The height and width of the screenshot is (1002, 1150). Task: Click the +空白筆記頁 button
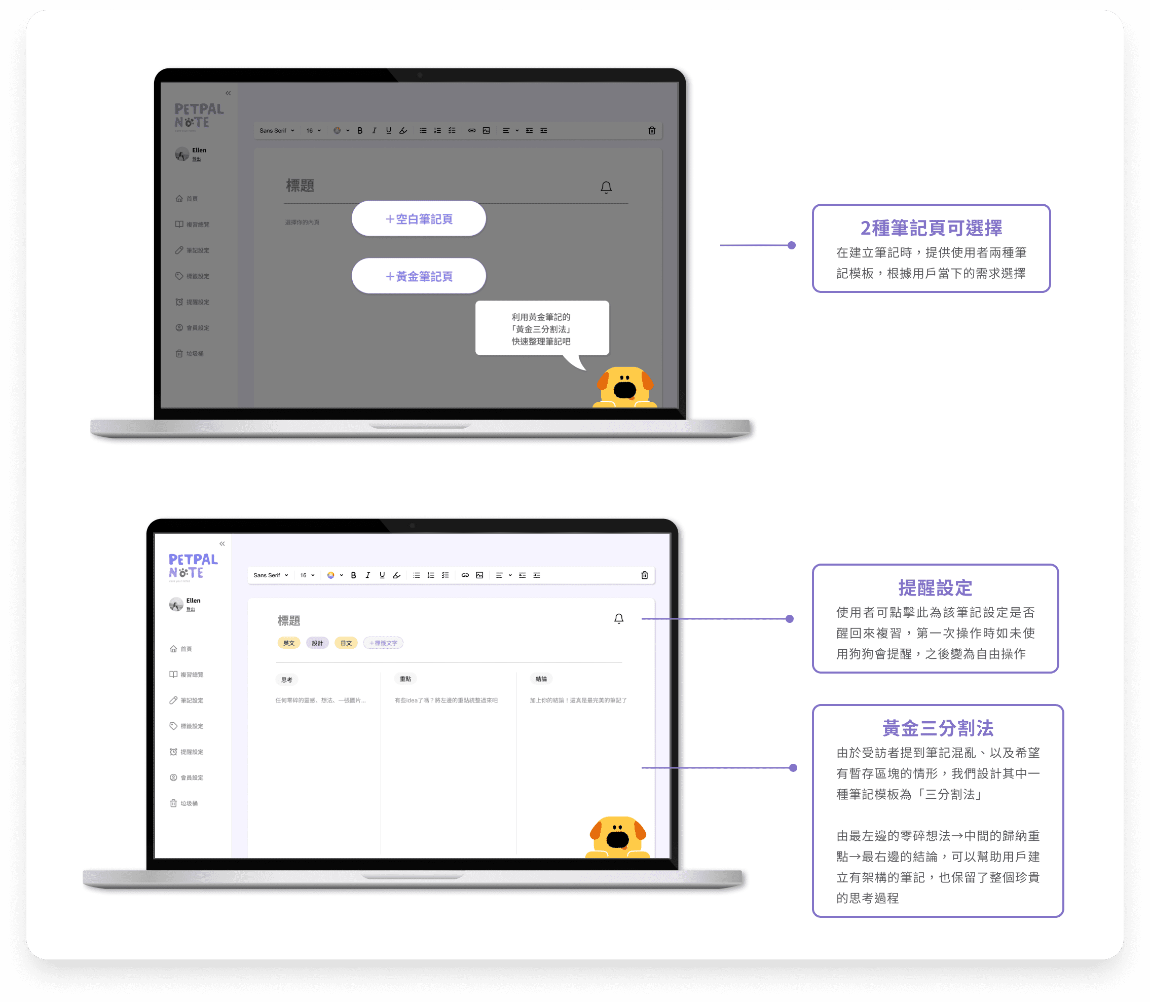[x=419, y=218]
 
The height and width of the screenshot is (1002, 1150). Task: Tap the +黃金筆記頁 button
[x=419, y=276]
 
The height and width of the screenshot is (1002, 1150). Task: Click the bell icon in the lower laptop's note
[x=618, y=618]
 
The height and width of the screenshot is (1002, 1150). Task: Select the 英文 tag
[x=288, y=643]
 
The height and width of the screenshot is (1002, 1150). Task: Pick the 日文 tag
[x=346, y=643]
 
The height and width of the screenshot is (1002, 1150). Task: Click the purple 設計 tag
[x=317, y=643]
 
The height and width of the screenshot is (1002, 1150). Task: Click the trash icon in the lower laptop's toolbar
[x=644, y=575]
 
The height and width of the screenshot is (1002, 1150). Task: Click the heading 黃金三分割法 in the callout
[x=938, y=728]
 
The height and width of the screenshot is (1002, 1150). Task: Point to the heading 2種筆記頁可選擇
[x=931, y=228]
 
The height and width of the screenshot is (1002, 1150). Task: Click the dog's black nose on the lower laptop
[x=617, y=839]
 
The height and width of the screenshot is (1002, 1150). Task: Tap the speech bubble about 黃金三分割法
[x=541, y=329]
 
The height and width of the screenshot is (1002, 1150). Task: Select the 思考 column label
[x=287, y=679]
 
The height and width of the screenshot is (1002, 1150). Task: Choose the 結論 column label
[x=541, y=679]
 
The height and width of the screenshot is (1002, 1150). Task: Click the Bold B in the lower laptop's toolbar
[x=353, y=575]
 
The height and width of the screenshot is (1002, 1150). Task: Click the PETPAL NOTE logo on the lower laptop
[x=193, y=566]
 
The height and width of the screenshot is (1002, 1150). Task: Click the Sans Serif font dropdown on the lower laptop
[x=271, y=575]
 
